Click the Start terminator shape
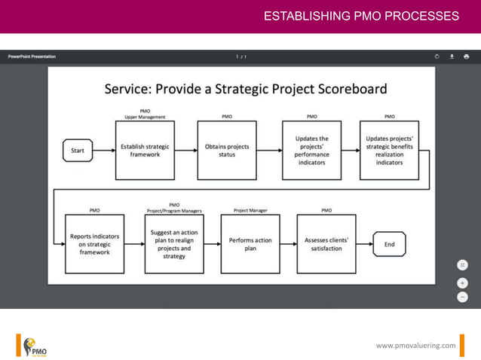coord(78,151)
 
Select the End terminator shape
coord(389,244)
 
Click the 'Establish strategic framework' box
coord(145,151)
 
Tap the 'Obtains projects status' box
coord(226,151)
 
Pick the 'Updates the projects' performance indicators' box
coord(311,151)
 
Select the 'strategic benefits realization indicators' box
coord(389,151)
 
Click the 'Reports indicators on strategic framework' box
coord(94,243)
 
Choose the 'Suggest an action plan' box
coord(174,243)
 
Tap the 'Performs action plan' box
coord(250,244)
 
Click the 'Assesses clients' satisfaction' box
coord(326,244)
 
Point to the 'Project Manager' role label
coord(250,211)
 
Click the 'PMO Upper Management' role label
coord(145,114)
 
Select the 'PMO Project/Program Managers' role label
coord(174,208)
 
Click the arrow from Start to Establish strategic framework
coord(104,151)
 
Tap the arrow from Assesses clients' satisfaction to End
coord(364,244)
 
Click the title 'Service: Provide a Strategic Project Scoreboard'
coord(245,89)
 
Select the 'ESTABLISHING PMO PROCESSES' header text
coord(361,16)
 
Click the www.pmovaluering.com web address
coord(415,345)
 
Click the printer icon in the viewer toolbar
coord(466,56)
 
